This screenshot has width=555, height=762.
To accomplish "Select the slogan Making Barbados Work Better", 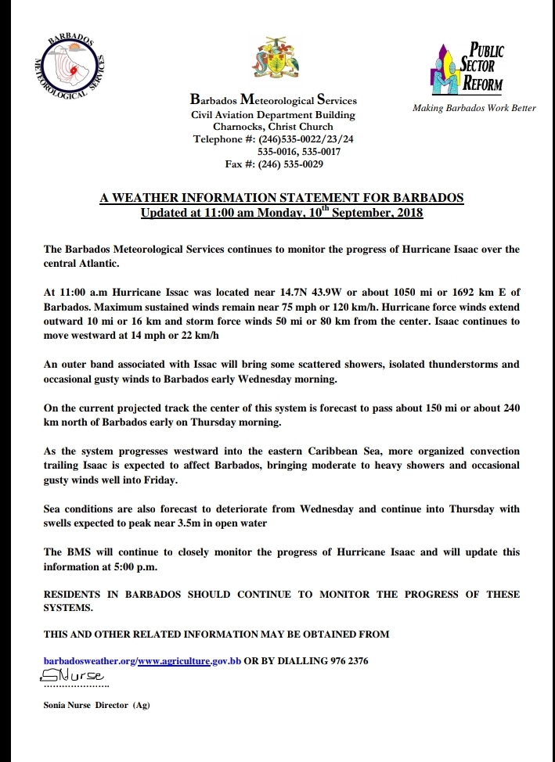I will coord(474,108).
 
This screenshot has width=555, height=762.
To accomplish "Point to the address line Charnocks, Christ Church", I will coord(273,127).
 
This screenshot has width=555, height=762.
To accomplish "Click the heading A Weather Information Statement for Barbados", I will coord(281,199).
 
